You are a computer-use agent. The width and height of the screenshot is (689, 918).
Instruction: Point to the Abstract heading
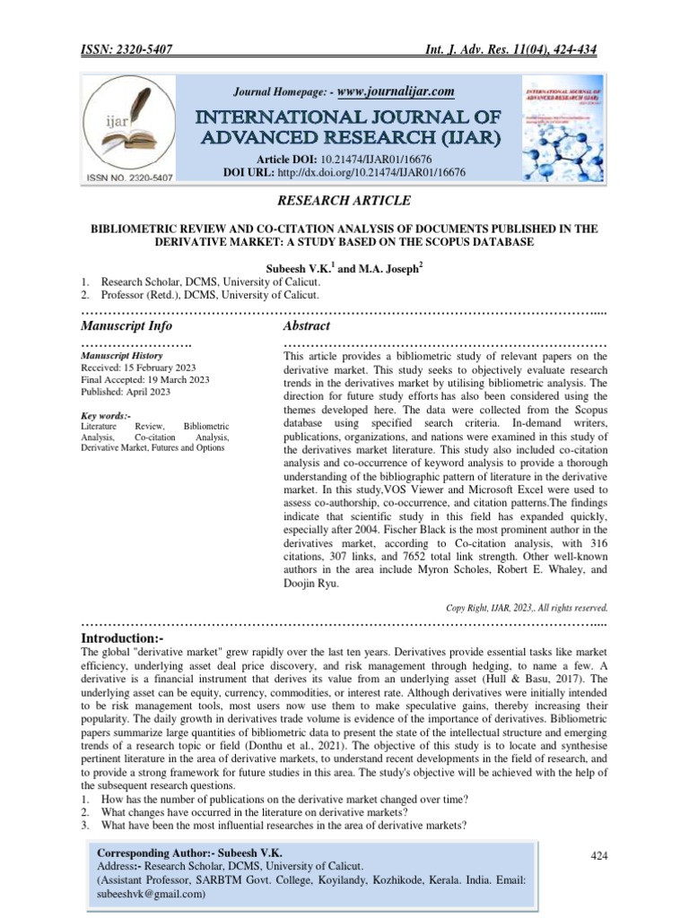[307, 325]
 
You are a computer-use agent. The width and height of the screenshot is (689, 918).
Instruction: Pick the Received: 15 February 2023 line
[138, 368]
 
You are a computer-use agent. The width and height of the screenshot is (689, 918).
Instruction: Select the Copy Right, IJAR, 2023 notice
[527, 607]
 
